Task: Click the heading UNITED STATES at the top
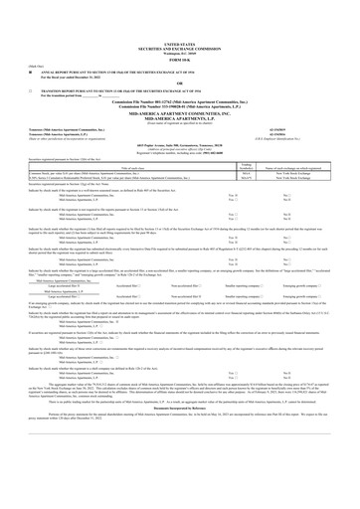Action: (180, 45)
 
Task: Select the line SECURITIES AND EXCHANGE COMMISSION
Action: (180, 49)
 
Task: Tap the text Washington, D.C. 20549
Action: (180, 54)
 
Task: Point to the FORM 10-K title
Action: (180, 60)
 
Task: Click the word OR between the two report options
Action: (180, 84)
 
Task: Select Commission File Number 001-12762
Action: (180, 100)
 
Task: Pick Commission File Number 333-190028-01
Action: (180, 105)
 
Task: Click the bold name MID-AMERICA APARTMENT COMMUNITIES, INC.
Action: (180, 111)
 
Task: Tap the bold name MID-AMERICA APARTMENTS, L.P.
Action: (180, 116)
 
